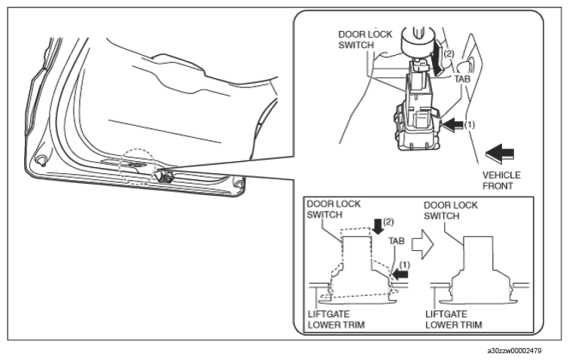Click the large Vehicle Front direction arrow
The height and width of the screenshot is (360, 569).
(x=500, y=153)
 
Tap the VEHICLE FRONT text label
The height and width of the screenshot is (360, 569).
(x=501, y=181)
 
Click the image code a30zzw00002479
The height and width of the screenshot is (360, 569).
(x=514, y=351)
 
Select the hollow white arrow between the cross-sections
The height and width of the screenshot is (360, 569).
(x=422, y=245)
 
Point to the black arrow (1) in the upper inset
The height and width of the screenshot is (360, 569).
(x=453, y=125)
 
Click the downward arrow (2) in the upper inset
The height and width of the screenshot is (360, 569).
(x=437, y=57)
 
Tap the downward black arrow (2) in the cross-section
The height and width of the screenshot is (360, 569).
(x=378, y=226)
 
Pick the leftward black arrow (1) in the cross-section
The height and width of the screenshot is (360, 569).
(x=400, y=274)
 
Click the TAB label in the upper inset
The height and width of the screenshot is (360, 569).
(x=462, y=79)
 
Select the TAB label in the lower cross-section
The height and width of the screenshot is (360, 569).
(x=396, y=241)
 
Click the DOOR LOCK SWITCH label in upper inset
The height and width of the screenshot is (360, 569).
(x=365, y=40)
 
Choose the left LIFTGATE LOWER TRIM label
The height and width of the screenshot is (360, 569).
(x=336, y=319)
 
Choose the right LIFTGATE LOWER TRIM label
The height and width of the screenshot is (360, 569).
(x=454, y=319)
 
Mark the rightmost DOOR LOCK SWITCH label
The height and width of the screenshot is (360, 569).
(x=451, y=211)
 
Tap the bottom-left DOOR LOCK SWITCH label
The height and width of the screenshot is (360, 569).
(x=333, y=209)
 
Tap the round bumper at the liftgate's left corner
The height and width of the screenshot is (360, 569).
(x=41, y=160)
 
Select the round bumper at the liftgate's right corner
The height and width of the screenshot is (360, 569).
(x=239, y=183)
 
